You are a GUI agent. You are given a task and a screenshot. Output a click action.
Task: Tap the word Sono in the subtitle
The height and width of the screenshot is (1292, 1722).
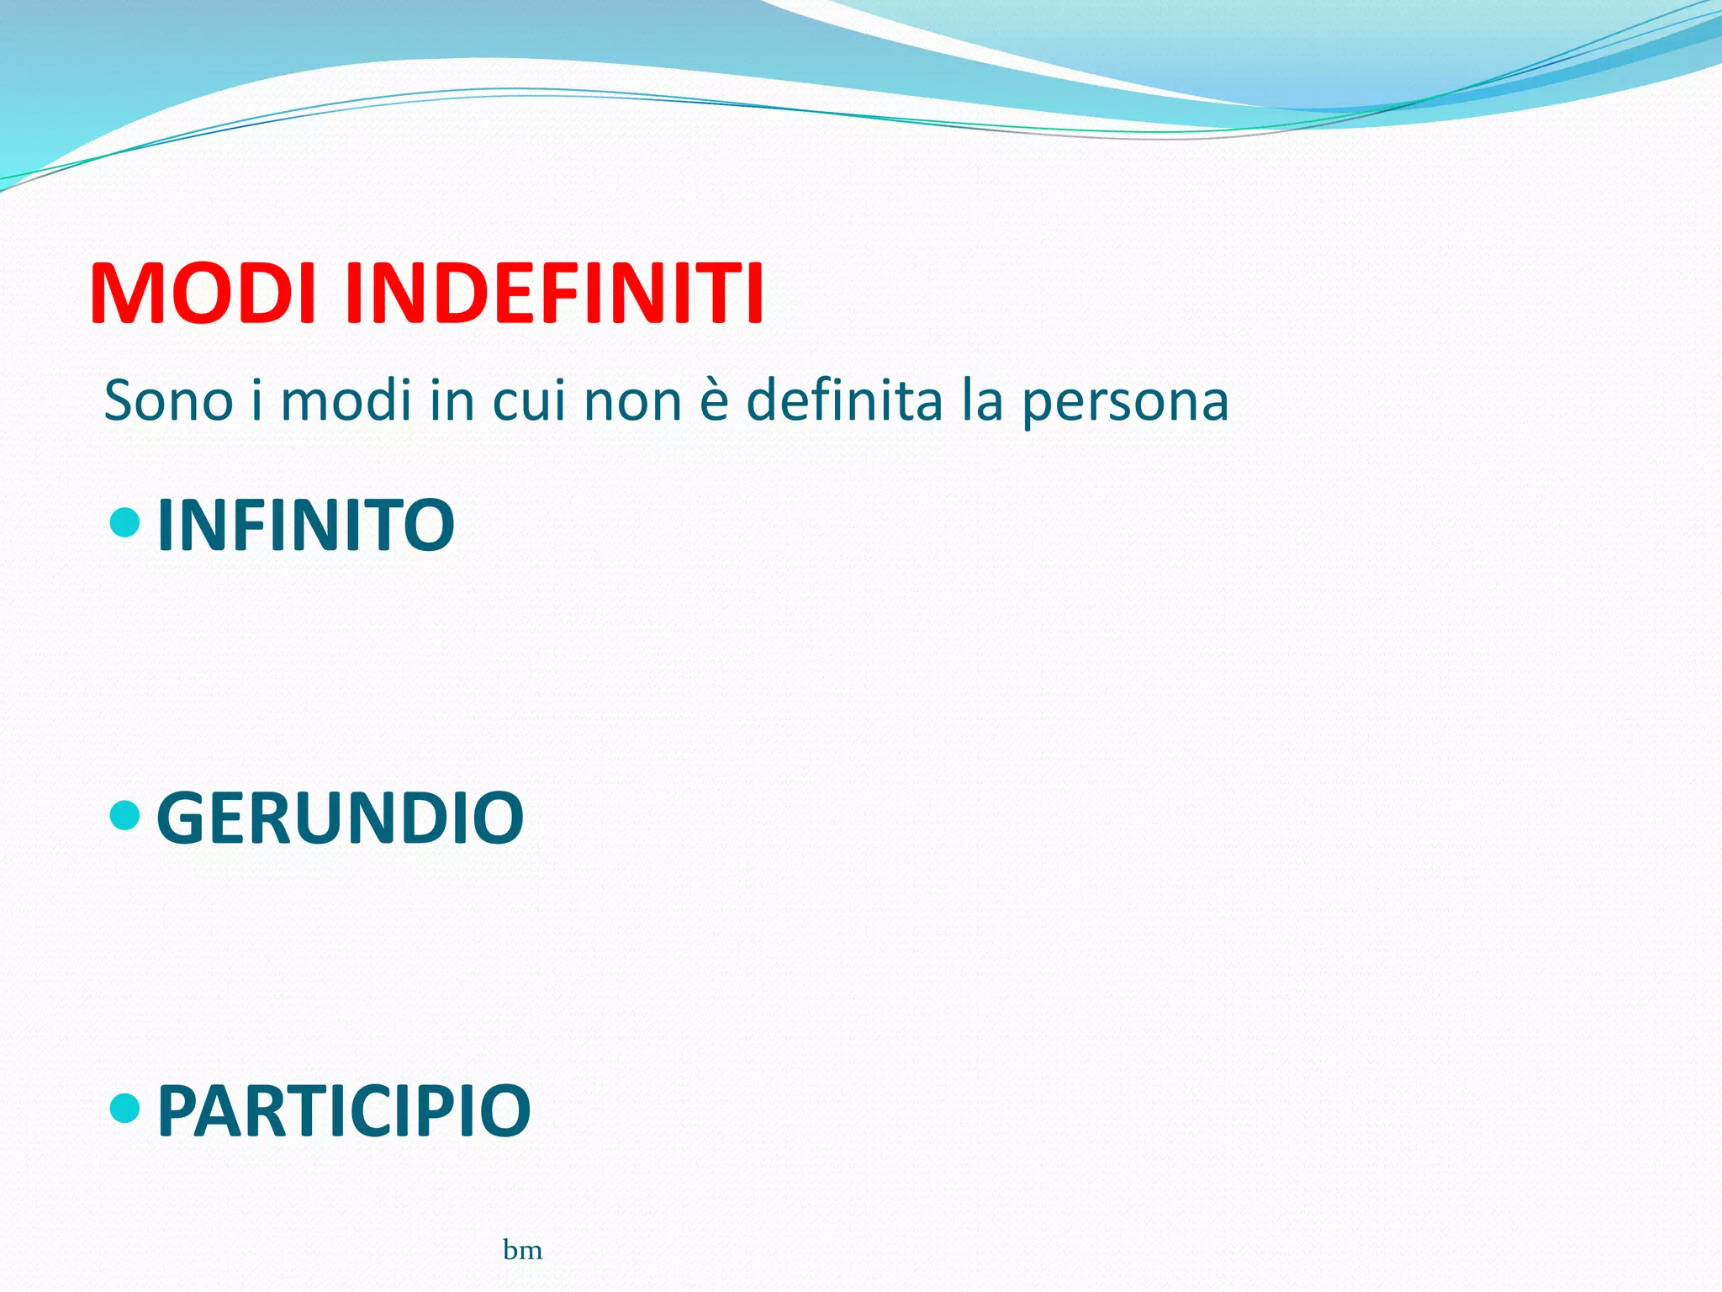click(x=168, y=400)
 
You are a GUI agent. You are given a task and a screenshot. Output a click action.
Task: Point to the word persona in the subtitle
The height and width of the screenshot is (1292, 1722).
click(x=1125, y=402)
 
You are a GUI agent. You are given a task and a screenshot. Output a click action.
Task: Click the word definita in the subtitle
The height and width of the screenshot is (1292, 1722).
click(x=844, y=400)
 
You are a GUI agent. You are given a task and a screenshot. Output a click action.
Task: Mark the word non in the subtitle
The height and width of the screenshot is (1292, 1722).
click(x=632, y=402)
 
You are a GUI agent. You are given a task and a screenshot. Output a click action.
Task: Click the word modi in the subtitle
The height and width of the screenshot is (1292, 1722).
click(x=346, y=400)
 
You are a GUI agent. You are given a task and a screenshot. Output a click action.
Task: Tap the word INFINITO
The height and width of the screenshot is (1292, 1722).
click(x=306, y=525)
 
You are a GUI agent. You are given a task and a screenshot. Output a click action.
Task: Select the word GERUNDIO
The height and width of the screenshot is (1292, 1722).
click(x=341, y=818)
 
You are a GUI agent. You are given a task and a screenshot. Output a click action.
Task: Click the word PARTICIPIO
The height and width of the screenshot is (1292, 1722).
click(x=344, y=1110)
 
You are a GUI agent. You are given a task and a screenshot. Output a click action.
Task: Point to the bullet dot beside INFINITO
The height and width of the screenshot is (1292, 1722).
click(x=125, y=522)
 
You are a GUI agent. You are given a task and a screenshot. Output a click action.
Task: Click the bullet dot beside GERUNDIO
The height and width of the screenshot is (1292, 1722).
click(x=125, y=815)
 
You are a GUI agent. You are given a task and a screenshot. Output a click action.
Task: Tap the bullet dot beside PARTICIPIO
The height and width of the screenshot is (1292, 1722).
click(x=125, y=1108)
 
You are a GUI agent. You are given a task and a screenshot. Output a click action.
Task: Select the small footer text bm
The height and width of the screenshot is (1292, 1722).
click(x=522, y=1251)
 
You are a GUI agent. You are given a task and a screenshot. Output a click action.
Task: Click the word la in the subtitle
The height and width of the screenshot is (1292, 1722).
click(x=983, y=400)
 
